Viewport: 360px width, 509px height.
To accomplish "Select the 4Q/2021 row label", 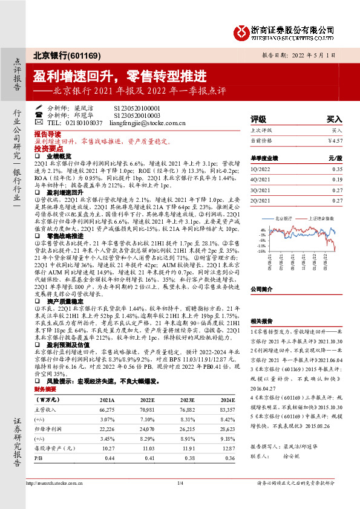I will (261, 180).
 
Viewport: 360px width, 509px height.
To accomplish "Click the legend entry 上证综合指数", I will (313, 218).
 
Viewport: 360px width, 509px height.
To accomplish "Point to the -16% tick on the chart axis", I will (263, 251).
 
